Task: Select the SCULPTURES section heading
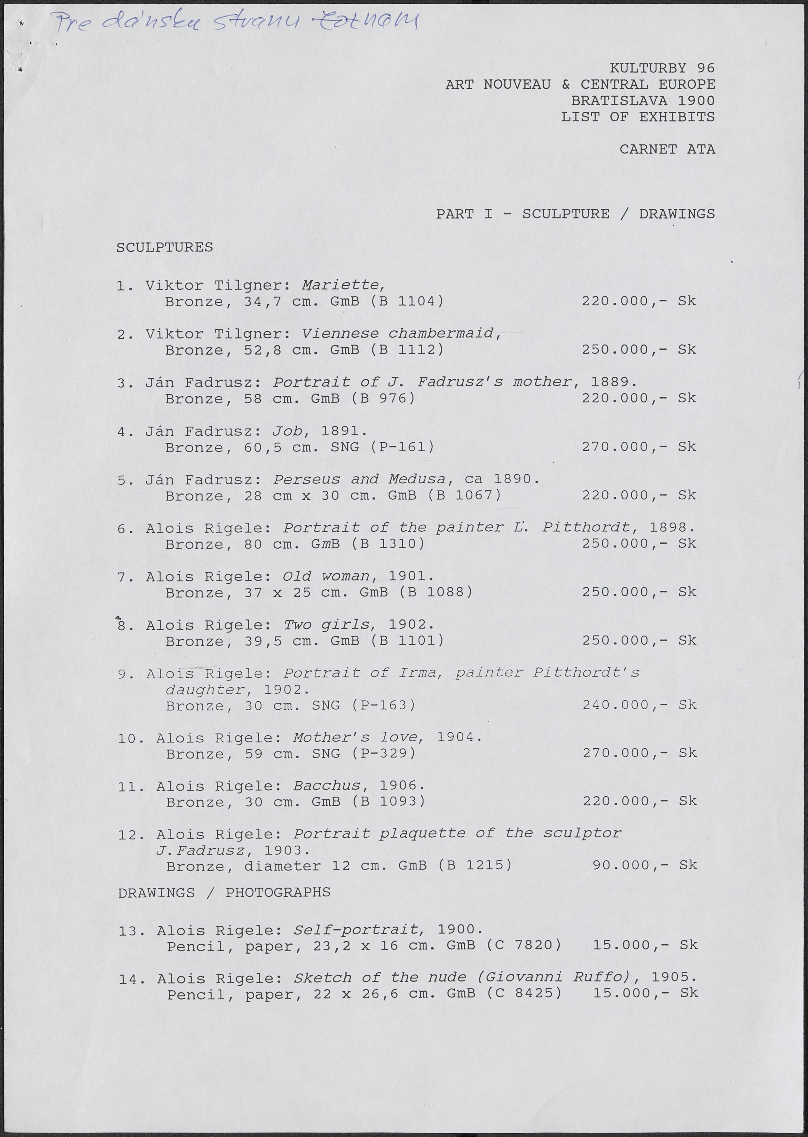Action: pyautogui.click(x=165, y=247)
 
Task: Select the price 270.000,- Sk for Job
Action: pyautogui.click(x=639, y=447)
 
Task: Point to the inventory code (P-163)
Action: pyautogui.click(x=383, y=705)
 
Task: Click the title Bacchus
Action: pyautogui.click(x=327, y=786)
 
